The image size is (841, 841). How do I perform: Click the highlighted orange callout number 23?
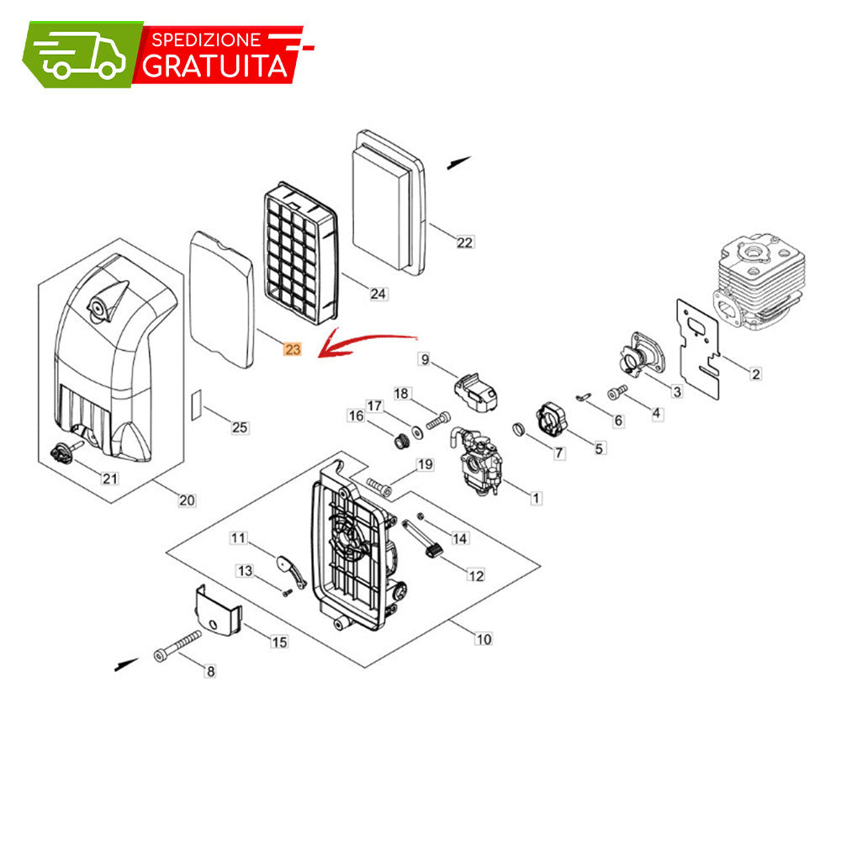click(x=293, y=349)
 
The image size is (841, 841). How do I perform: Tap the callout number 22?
click(x=464, y=242)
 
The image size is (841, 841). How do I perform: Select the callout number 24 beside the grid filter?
click(x=378, y=294)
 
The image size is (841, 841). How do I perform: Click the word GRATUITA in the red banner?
click(x=214, y=66)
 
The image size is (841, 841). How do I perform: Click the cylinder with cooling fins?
click(x=759, y=282)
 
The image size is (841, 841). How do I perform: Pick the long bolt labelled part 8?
click(x=177, y=646)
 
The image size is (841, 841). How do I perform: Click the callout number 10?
click(x=484, y=639)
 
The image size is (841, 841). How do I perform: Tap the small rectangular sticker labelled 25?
click(x=197, y=405)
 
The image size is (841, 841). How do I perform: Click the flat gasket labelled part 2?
click(x=698, y=348)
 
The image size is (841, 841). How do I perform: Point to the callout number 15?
click(x=279, y=642)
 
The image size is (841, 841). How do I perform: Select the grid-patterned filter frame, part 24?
click(x=301, y=252)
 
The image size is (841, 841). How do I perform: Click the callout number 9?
click(x=426, y=359)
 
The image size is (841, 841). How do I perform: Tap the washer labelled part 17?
click(x=416, y=431)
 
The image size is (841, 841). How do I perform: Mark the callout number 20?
click(x=187, y=500)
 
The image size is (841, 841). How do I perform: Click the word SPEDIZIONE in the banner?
click(x=206, y=40)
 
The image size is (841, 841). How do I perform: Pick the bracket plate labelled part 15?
click(x=217, y=611)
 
